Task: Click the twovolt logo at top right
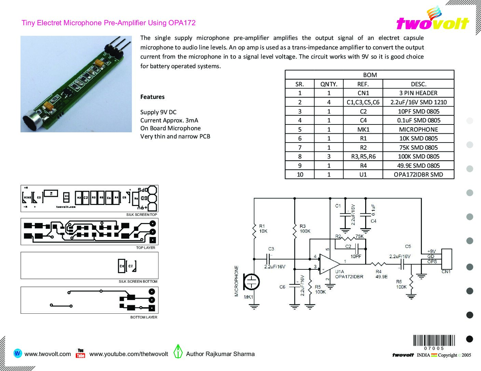coord(432,20)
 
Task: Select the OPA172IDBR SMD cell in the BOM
coord(418,175)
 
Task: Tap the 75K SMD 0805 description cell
coord(418,148)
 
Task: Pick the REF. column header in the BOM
coord(363,84)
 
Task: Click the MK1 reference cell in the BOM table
coord(363,130)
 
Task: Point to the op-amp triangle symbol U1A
coord(329,264)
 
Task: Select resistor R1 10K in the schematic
coord(254,231)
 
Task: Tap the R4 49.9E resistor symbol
coord(379,264)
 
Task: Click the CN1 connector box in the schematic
coord(447,259)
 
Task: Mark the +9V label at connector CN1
coord(431,252)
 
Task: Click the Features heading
coord(152,97)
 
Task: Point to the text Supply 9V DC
coord(158,112)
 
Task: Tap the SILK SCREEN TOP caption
coord(141,215)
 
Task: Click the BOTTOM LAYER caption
coord(143,317)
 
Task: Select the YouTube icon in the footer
coord(81,353)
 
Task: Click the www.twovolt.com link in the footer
coord(48,354)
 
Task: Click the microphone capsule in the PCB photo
coord(31,121)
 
